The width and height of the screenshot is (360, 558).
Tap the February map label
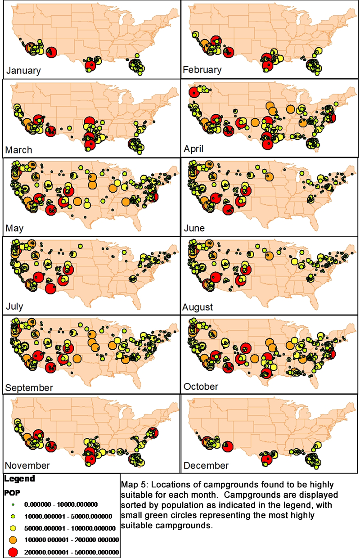pyautogui.click(x=202, y=70)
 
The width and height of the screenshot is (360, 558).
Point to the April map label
pyautogui.click(x=194, y=148)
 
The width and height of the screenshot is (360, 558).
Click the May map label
pyautogui.click(x=14, y=228)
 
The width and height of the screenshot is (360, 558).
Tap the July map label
pyautogui.click(x=14, y=307)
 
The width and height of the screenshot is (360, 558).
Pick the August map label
pyautogui.click(x=198, y=307)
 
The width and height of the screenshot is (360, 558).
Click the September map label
pyautogui.click(x=29, y=387)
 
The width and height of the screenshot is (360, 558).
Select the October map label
pyautogui.click(x=201, y=387)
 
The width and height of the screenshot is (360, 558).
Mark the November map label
pyautogui.click(x=27, y=465)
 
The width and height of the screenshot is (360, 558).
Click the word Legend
pyautogui.click(x=19, y=478)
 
